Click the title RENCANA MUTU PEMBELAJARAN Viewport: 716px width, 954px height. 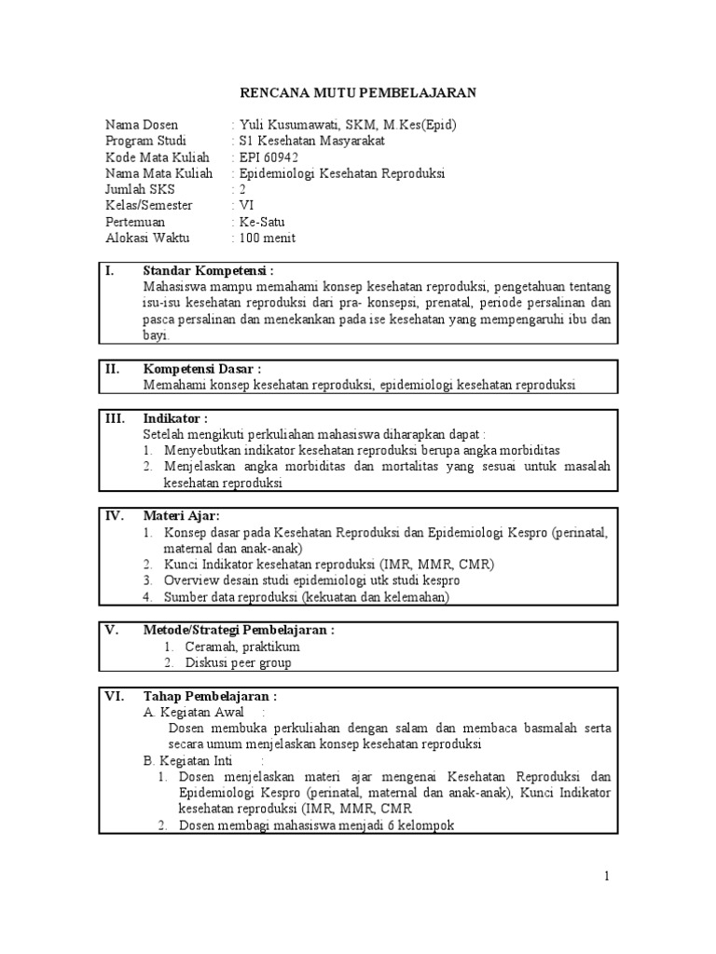click(358, 93)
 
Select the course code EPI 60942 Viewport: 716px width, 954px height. click(268, 157)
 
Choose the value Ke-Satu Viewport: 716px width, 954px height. click(265, 222)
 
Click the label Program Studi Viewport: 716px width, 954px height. click(145, 141)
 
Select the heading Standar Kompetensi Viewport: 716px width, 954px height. click(208, 271)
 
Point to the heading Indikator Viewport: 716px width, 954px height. click(175, 417)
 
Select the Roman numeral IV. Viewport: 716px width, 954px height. click(114, 515)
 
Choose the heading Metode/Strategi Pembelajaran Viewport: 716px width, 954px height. click(239, 630)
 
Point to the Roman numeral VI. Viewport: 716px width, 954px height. click(114, 696)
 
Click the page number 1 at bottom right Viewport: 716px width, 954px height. click(606, 876)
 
